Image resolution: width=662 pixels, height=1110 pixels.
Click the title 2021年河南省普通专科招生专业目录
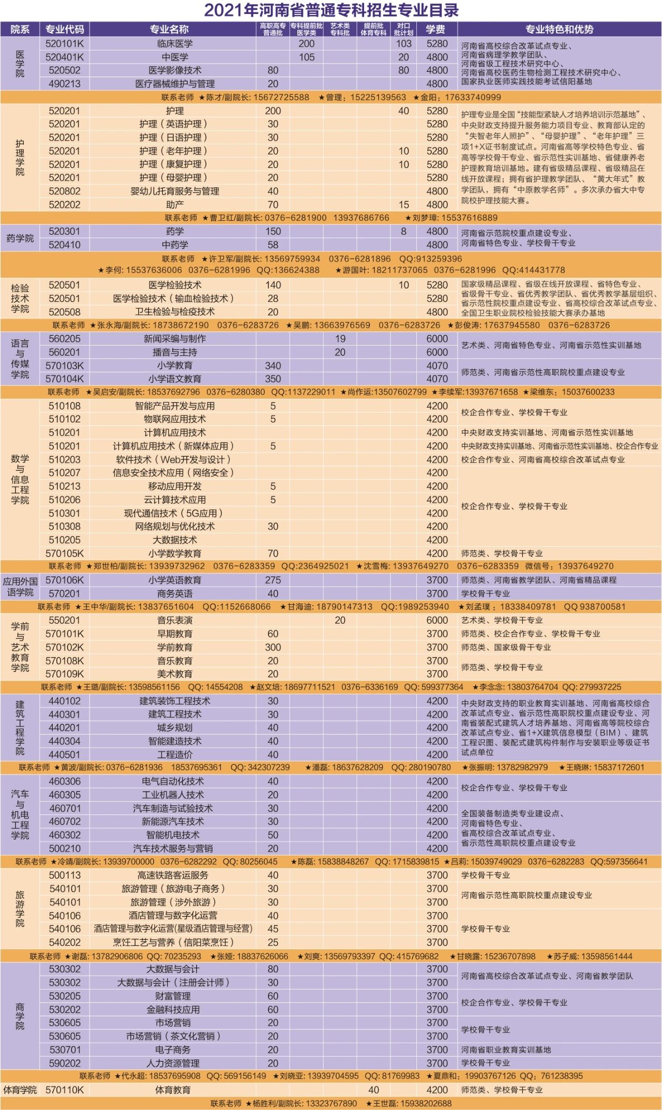click(331, 10)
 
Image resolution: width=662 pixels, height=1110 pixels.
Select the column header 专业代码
click(65, 29)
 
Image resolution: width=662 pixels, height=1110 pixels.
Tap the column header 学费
click(435, 29)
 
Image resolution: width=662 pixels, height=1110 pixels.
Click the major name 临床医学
click(175, 43)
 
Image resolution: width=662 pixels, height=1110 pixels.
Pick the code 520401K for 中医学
click(65, 57)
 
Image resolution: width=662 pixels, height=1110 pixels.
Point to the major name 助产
click(175, 204)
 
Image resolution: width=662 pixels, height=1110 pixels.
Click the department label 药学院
click(20, 238)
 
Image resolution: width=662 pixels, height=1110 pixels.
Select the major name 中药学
click(175, 245)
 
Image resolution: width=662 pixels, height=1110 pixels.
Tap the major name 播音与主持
click(175, 352)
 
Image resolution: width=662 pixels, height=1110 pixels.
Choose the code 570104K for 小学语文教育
click(65, 379)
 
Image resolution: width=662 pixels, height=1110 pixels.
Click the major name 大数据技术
click(175, 540)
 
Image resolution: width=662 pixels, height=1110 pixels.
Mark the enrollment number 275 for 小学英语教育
click(273, 580)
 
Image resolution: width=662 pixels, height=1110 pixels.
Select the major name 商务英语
click(175, 594)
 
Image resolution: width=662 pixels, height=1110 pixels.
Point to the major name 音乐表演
click(175, 620)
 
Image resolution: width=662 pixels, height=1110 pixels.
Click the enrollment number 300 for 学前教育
click(273, 647)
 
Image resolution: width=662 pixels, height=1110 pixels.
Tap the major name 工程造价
click(175, 755)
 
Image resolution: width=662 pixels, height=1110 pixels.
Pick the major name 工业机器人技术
click(175, 795)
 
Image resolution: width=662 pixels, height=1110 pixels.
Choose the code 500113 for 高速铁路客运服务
click(65, 875)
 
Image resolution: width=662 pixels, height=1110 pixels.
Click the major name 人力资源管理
click(175, 1063)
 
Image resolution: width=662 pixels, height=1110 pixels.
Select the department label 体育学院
click(20, 1090)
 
